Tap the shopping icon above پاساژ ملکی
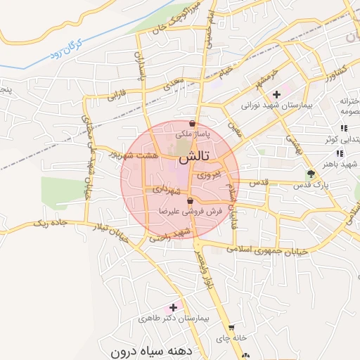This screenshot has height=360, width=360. click(192, 124)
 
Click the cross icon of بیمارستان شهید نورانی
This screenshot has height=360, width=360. click(276, 94)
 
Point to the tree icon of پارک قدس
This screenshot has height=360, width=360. click(311, 174)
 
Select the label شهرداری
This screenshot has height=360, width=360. click(167, 190)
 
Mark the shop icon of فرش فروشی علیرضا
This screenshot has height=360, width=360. click(180, 202)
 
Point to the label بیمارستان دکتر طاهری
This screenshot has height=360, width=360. click(174, 319)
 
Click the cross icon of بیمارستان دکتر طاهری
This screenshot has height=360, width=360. click(173, 307)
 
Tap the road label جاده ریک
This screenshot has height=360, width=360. click(51, 224)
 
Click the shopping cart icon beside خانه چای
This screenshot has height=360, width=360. click(231, 328)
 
